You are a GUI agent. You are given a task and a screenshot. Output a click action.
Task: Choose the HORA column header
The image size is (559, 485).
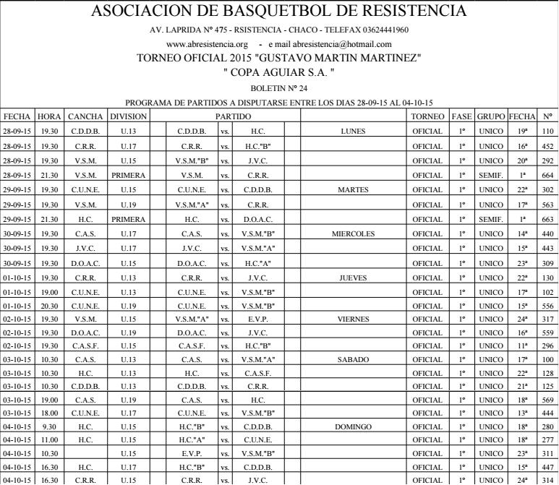click(49, 116)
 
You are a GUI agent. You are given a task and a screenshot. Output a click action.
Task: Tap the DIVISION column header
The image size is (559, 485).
click(128, 116)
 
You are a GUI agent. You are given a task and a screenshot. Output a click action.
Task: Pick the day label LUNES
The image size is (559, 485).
click(354, 132)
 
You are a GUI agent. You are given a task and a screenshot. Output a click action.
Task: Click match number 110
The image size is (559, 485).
click(547, 132)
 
